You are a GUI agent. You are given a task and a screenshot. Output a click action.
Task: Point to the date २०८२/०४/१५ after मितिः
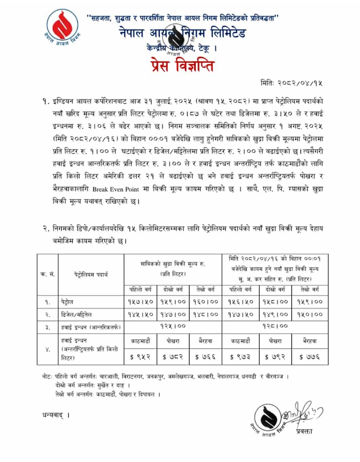[x=300, y=83]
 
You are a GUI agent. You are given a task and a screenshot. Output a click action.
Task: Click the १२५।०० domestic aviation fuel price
[x=173, y=325]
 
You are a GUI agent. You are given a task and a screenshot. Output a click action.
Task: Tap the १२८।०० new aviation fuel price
[x=275, y=325]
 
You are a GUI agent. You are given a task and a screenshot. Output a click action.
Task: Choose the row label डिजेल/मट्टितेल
[x=78, y=314]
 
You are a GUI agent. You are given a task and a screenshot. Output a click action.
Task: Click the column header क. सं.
[x=47, y=274]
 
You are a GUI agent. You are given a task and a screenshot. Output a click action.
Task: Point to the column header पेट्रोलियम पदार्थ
[x=91, y=274]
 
